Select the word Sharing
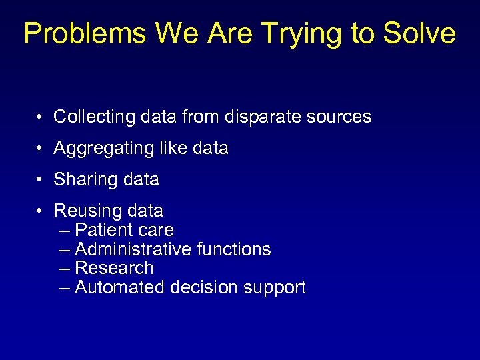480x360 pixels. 81,180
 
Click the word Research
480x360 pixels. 114,268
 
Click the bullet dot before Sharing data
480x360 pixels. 41,180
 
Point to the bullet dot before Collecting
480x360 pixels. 41,117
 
